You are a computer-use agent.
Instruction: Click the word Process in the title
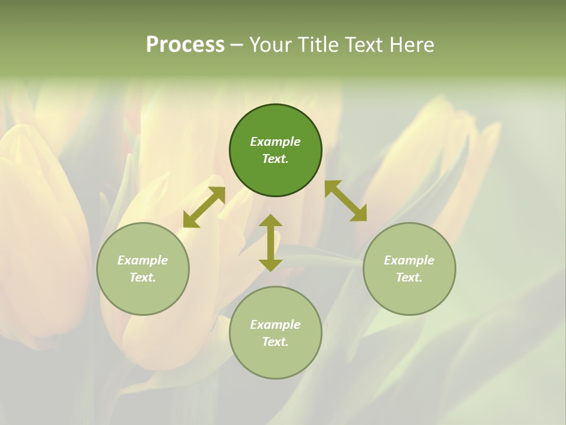[x=185, y=45]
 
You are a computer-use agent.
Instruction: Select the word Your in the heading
[x=271, y=45]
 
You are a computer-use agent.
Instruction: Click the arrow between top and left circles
[x=204, y=207]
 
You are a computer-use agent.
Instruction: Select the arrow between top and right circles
[x=345, y=201]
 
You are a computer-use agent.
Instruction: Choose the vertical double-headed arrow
[x=271, y=243]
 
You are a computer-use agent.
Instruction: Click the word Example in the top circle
[x=275, y=142]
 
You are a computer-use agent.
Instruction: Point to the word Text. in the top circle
[x=275, y=159]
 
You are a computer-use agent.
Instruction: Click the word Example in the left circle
[x=143, y=260]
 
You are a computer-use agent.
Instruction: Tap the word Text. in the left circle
[x=143, y=277]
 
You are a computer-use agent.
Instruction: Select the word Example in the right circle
[x=409, y=260]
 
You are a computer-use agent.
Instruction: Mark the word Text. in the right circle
[x=409, y=277]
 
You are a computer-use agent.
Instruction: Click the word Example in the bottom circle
[x=275, y=325]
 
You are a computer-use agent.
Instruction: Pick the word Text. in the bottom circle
[x=275, y=342]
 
